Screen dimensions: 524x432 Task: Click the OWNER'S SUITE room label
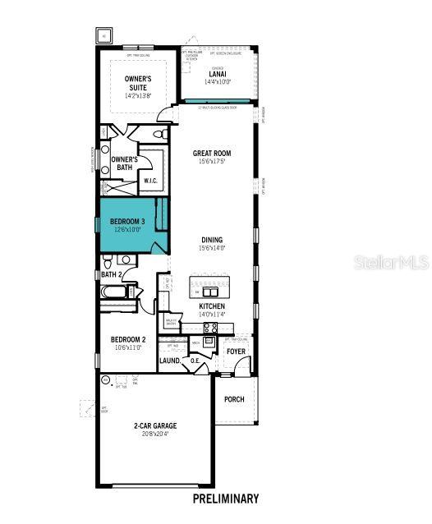pos(138,83)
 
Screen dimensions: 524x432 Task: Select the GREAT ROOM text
pos(211,153)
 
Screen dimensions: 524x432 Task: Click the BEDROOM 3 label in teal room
pos(127,222)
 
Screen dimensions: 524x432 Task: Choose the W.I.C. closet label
pos(151,181)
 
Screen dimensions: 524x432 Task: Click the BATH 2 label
pos(112,274)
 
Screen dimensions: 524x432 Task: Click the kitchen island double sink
pos(211,292)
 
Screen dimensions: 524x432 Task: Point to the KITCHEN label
pos(211,306)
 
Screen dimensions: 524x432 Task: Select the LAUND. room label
pos(170,361)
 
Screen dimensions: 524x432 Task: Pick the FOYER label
pos(236,352)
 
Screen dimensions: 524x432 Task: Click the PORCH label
pos(234,399)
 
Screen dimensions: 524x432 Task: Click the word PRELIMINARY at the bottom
pos(225,498)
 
